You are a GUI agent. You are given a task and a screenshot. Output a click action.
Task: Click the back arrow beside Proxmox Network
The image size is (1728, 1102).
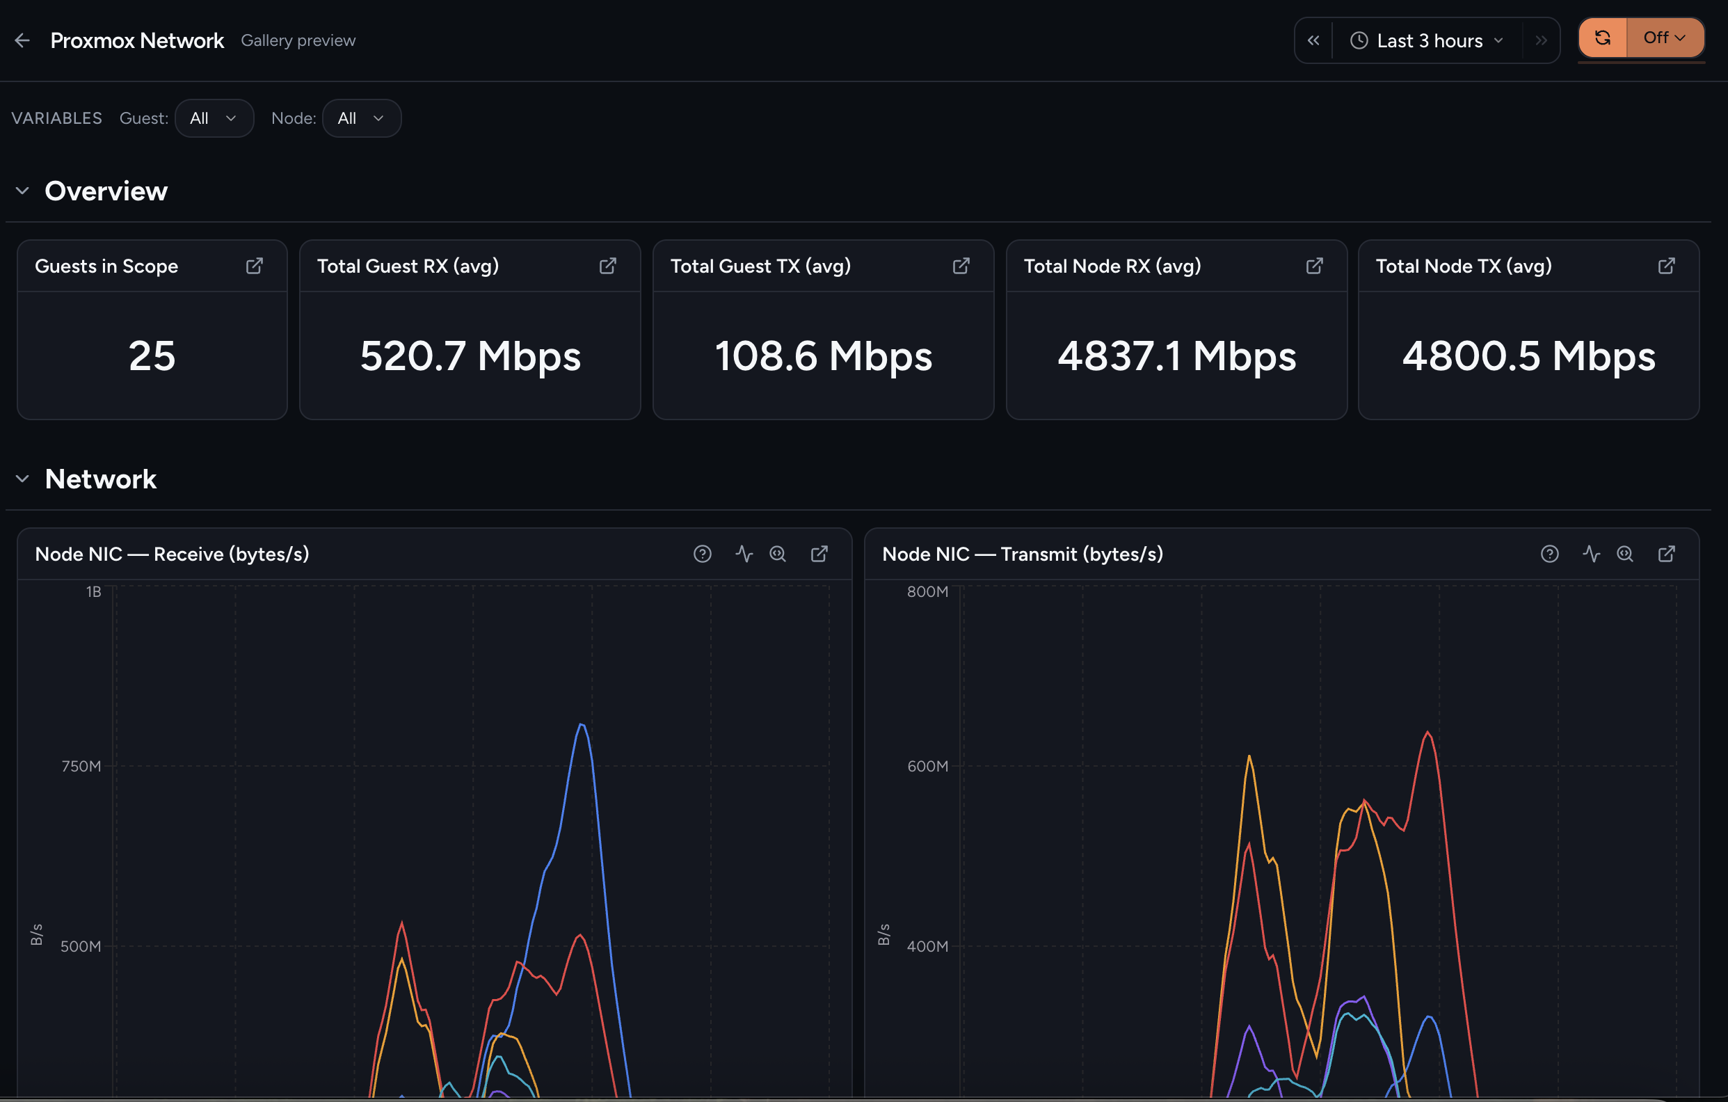(22, 41)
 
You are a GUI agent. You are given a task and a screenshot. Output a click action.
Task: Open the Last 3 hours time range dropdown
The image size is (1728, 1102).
(1427, 41)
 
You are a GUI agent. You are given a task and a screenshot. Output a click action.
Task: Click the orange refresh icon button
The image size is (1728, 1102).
(1602, 38)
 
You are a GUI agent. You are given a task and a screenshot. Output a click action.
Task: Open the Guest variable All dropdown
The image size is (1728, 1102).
(214, 118)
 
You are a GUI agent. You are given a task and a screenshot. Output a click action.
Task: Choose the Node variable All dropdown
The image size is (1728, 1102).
(362, 118)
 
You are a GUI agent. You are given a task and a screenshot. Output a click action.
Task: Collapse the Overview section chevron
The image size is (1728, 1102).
(22, 191)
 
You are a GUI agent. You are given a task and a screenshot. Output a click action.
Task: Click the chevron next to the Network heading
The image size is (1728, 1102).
(22, 479)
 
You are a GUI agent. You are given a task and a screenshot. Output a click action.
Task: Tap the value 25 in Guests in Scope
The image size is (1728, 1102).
(152, 356)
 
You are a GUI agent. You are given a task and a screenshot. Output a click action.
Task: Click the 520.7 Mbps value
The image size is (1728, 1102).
(470, 357)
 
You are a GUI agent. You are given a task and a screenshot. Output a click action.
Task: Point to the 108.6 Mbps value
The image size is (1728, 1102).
(823, 357)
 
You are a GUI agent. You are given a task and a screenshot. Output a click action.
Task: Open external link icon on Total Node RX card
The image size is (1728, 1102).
(1314, 266)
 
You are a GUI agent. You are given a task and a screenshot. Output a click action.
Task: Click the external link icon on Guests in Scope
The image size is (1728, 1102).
(254, 266)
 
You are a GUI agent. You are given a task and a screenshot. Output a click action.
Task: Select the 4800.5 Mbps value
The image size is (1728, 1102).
(1528, 357)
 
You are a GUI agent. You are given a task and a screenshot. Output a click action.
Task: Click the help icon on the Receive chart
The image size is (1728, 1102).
(703, 554)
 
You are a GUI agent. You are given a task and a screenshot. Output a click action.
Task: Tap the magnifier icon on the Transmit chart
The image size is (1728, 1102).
(1624, 554)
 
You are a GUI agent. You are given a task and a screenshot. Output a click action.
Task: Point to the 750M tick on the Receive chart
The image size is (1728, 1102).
(81, 766)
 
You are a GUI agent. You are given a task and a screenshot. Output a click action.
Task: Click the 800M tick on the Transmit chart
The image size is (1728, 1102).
(927, 592)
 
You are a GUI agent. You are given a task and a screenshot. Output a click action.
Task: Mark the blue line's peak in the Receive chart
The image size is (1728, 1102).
(582, 725)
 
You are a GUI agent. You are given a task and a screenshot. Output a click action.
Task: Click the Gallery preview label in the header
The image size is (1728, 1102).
(298, 41)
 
